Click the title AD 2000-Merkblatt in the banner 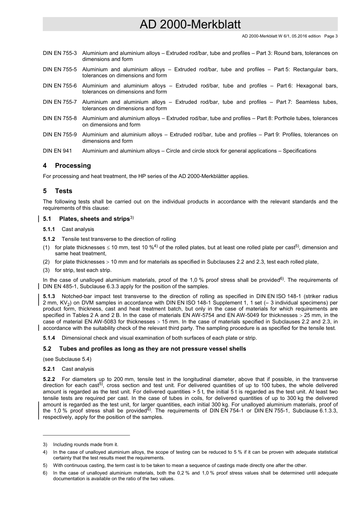click(x=190, y=25)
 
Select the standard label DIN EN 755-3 click(x=60, y=53)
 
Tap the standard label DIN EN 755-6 click(x=60, y=86)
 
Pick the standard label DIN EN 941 click(x=57, y=151)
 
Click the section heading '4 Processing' click(x=67, y=166)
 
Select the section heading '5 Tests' click(x=58, y=191)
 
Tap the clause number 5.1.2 click(x=49, y=239)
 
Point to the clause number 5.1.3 click(x=49, y=296)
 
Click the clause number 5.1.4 click(x=49, y=338)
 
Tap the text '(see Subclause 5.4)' click(x=67, y=359)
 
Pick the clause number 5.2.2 click(x=49, y=379)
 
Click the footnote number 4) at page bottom click(x=45, y=452)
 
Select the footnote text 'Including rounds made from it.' click(x=86, y=445)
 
